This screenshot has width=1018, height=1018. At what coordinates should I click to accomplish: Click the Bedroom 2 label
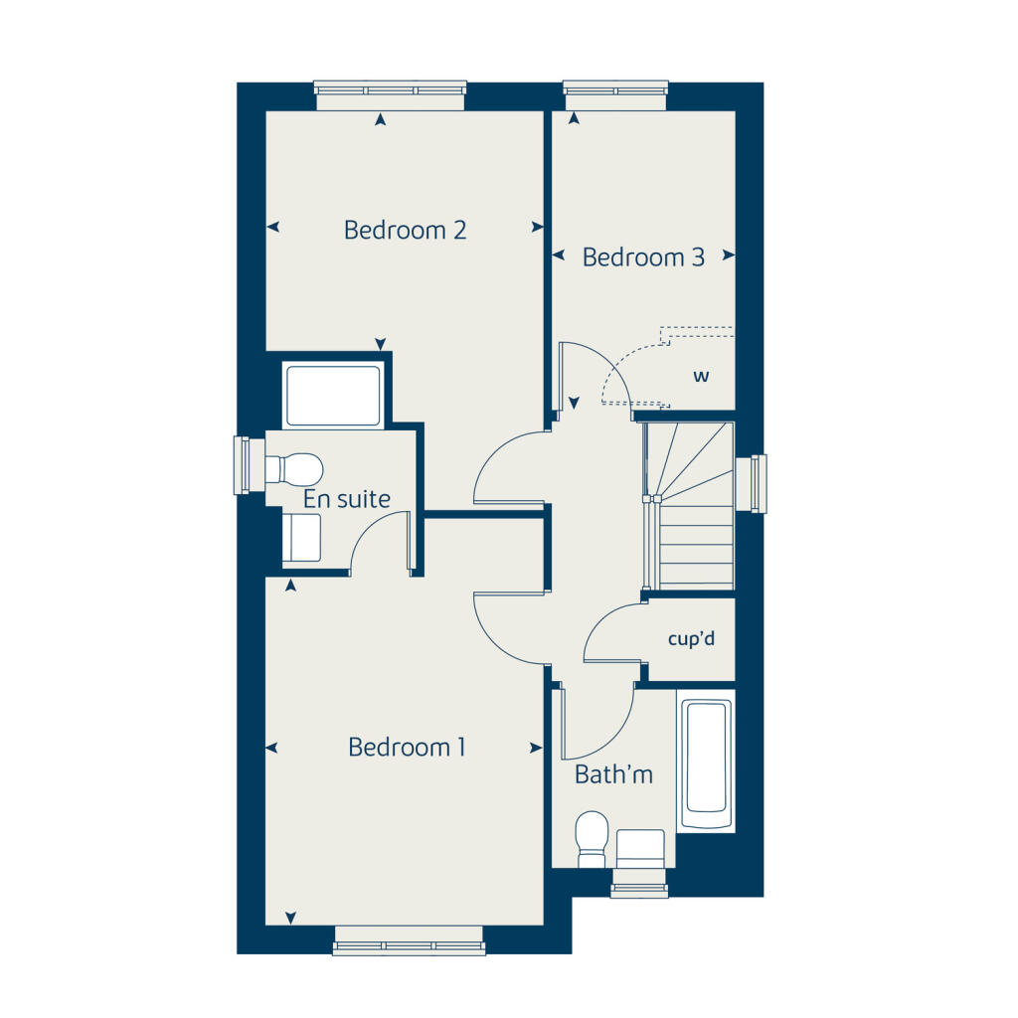(405, 231)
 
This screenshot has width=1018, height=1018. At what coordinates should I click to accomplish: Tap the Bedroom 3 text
(643, 257)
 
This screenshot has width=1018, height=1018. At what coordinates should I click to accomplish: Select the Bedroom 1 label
(407, 748)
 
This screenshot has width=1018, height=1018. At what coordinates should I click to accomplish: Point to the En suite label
(347, 499)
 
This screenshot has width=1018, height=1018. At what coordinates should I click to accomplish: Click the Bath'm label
(613, 774)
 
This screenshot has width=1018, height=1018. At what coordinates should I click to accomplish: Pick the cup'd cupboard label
(691, 639)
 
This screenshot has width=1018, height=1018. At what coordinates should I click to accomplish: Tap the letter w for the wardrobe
(701, 377)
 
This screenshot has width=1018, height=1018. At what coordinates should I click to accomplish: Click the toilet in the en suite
(295, 467)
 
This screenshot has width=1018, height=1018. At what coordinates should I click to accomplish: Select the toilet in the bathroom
(593, 836)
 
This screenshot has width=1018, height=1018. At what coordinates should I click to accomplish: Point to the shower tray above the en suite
(333, 396)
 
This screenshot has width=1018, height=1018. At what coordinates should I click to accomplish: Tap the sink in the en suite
(302, 538)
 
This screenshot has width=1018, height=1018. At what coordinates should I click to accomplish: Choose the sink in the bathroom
(640, 847)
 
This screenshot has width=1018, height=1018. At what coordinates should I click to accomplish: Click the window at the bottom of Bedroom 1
(409, 940)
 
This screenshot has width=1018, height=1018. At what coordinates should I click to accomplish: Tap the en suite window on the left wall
(241, 465)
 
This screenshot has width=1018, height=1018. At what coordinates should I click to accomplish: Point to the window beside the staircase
(759, 484)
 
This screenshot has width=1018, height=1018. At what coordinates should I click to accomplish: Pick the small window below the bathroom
(639, 883)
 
